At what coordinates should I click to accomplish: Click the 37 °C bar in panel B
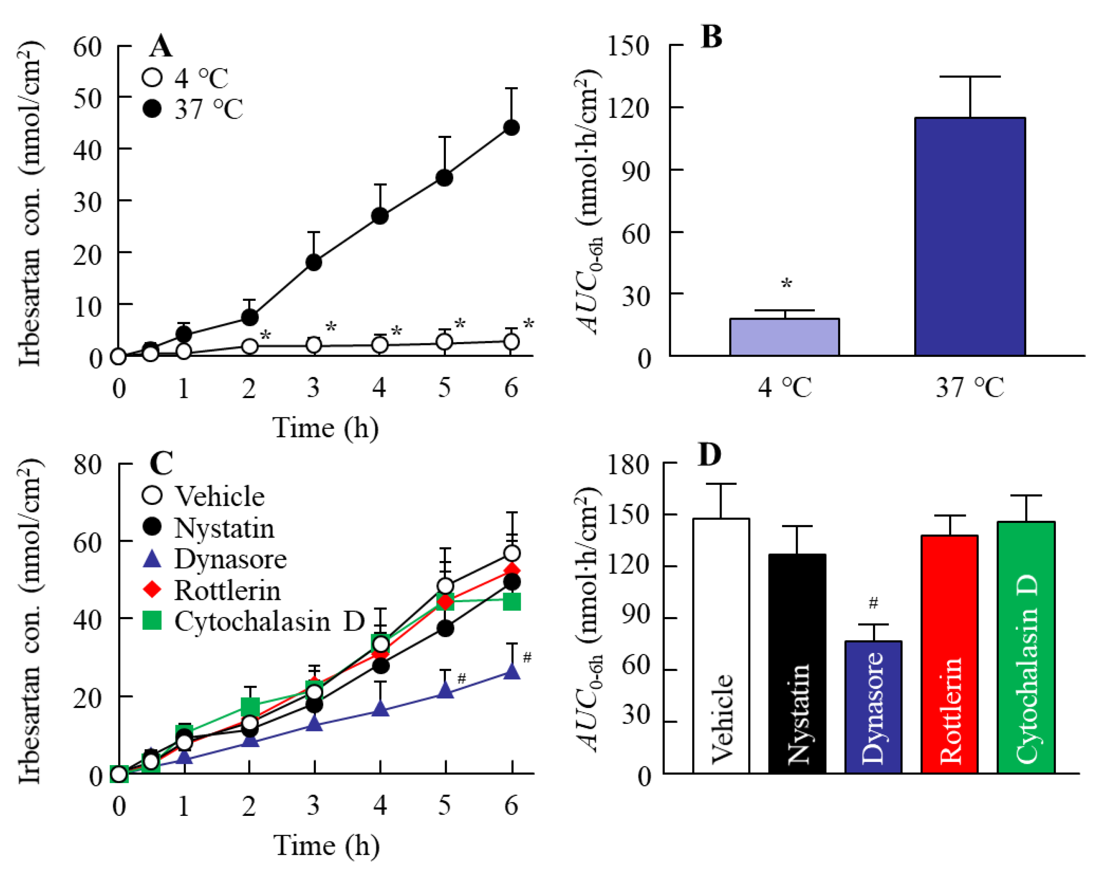click(x=970, y=236)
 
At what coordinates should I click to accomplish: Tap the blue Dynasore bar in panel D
click(x=874, y=707)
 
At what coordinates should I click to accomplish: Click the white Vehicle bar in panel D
click(x=721, y=646)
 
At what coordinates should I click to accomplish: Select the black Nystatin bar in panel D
click(x=797, y=663)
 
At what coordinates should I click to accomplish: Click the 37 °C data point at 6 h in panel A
click(x=512, y=127)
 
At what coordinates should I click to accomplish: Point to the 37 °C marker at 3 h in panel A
click(x=314, y=262)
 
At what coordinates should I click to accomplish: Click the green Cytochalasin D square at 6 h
click(x=512, y=602)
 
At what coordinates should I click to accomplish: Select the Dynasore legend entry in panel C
click(x=214, y=559)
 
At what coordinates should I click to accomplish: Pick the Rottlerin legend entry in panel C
click(x=211, y=590)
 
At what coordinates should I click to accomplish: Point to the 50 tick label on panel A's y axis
click(x=88, y=98)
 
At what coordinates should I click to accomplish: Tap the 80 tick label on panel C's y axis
click(x=88, y=464)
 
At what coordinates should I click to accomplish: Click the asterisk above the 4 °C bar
click(x=787, y=283)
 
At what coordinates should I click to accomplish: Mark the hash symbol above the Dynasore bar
click(x=874, y=603)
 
